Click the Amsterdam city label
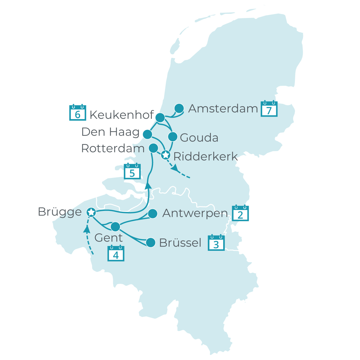(223, 109)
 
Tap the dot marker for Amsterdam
(179, 108)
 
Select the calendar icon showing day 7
(269, 109)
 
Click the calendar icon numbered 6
(78, 113)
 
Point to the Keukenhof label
(121, 115)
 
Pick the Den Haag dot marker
(147, 134)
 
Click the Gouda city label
(199, 138)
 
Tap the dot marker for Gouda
(173, 137)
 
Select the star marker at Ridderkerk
(165, 155)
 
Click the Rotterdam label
(113, 148)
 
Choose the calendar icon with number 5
(132, 172)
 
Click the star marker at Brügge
(91, 212)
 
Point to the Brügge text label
(60, 212)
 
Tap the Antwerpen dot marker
(153, 214)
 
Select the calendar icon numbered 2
(241, 214)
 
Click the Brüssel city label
(180, 243)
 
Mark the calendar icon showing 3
(216, 243)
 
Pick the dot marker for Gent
(115, 227)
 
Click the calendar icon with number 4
(116, 254)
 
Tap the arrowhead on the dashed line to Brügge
(87, 229)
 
